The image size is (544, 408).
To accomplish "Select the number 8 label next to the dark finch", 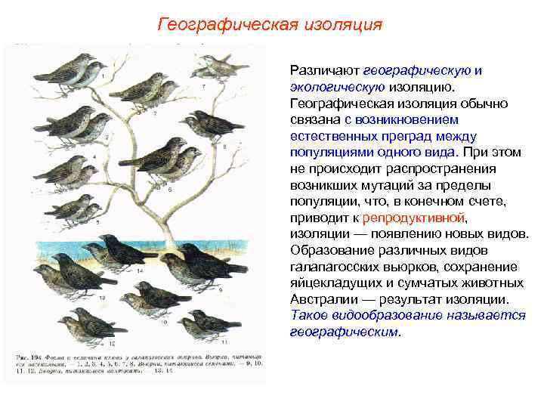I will pos(225,147).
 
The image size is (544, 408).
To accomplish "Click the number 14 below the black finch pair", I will pos(139,270).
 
